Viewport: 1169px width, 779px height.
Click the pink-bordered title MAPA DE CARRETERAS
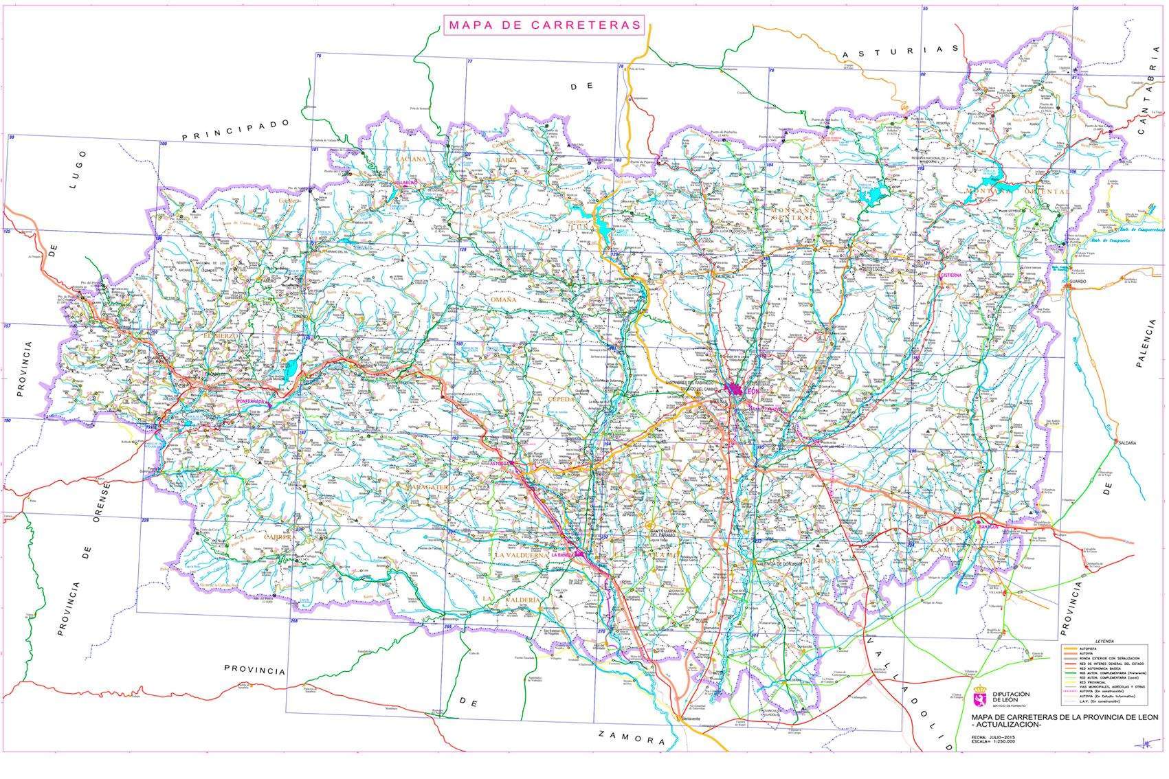(x=544, y=25)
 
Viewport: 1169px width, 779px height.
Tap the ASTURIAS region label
(x=900, y=51)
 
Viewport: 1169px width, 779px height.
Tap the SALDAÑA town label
(x=1128, y=444)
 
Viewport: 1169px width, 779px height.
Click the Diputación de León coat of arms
(x=981, y=699)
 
